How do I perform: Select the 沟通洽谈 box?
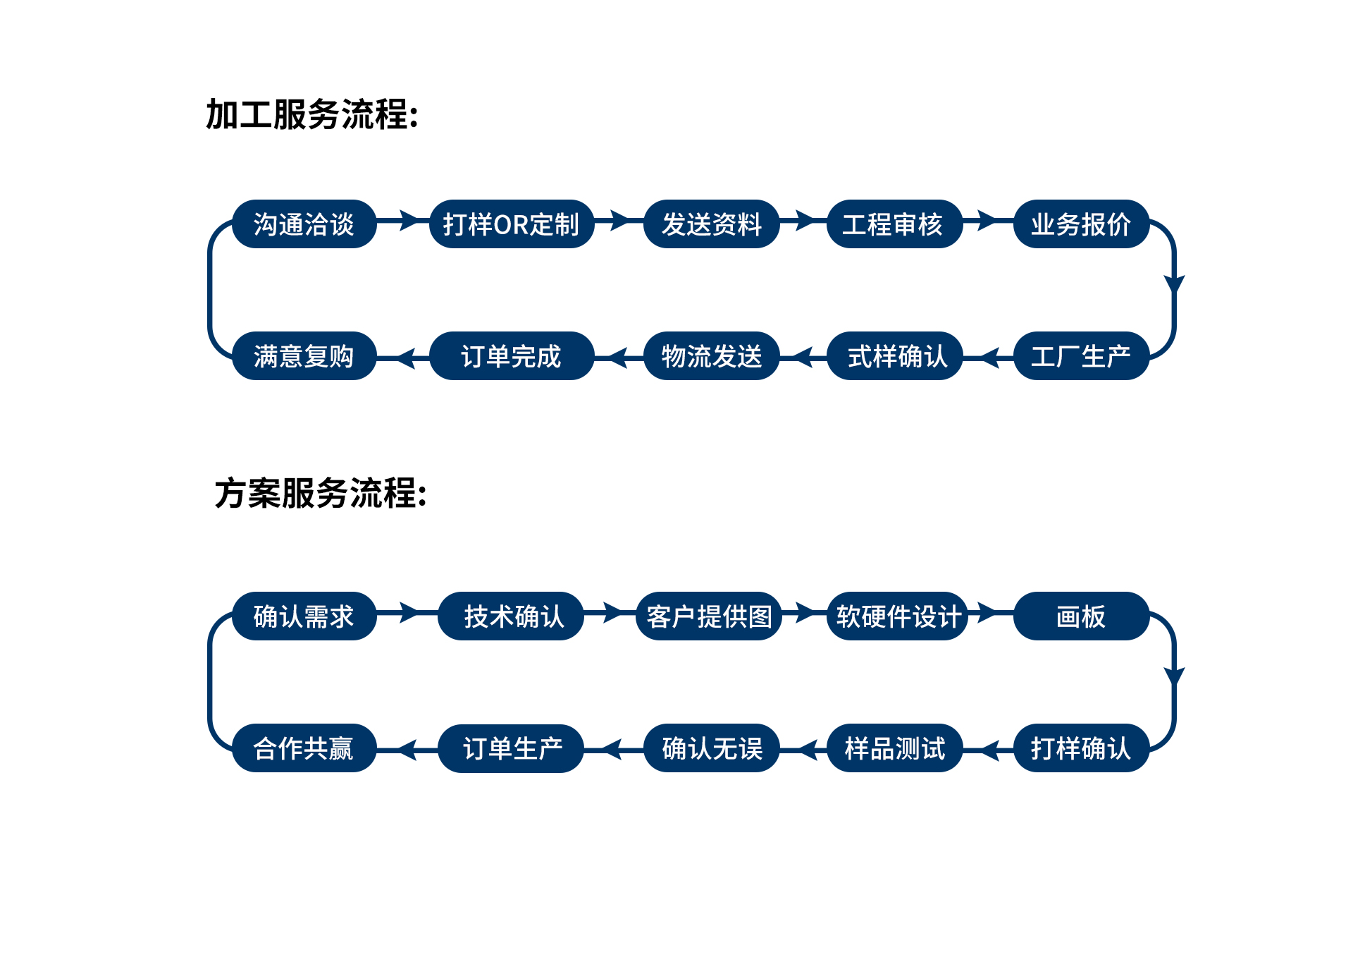pyautogui.click(x=304, y=224)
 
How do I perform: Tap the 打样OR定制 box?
pyautogui.click(x=511, y=224)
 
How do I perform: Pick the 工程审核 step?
pyautogui.click(x=894, y=224)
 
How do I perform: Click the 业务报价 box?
pyautogui.click(x=1081, y=224)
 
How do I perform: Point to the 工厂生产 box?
pyautogui.click(x=1081, y=356)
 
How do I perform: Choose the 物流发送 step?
pyautogui.click(x=712, y=356)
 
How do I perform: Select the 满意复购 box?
pyautogui.click(x=304, y=356)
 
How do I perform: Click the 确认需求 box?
pyautogui.click(x=304, y=616)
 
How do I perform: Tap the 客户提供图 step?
pyautogui.click(x=709, y=616)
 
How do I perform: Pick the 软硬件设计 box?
pyautogui.click(x=898, y=616)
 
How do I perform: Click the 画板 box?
pyautogui.click(x=1081, y=616)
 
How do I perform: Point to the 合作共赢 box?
pyautogui.click(x=304, y=748)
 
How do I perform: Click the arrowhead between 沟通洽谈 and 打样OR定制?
pyautogui.click(x=409, y=220)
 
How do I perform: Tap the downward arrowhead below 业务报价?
pyautogui.click(x=1174, y=284)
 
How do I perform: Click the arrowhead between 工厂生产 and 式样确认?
pyautogui.click(x=990, y=358)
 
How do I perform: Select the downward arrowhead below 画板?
pyautogui.click(x=1174, y=676)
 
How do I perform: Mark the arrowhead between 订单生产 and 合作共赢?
pyautogui.click(x=408, y=750)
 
